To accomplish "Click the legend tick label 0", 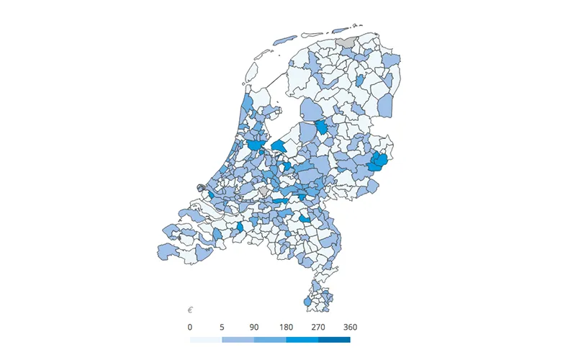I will (x=190, y=328).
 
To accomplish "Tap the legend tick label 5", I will (x=222, y=328).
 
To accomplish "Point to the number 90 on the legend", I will (x=254, y=328).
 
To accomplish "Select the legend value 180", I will (x=286, y=328).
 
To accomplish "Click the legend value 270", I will (x=318, y=328).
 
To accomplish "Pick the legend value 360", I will (x=350, y=328).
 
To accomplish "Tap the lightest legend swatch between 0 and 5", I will (x=206, y=339).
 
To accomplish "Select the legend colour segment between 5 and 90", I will (x=238, y=339).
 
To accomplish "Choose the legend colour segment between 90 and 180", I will (x=270, y=339).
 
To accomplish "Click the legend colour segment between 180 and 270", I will (x=302, y=339).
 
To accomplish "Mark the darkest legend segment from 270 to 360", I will (x=334, y=339).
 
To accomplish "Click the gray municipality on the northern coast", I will (x=347, y=43).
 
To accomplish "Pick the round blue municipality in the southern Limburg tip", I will (x=308, y=303).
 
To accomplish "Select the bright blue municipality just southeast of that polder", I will (x=323, y=127).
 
